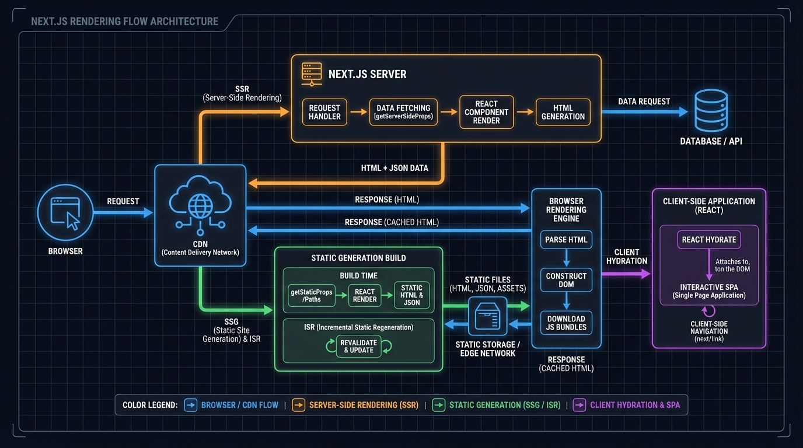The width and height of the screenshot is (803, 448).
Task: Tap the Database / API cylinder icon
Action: pos(711,111)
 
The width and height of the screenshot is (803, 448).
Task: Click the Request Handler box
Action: pos(324,112)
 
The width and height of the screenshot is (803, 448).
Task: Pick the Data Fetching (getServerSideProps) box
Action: pos(403,112)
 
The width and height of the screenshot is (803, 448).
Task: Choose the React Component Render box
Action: pos(486,112)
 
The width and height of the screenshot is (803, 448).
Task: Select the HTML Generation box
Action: pos(563,112)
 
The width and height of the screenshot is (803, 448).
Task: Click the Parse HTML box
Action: pos(566,240)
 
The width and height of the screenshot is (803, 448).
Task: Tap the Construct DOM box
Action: pos(566,280)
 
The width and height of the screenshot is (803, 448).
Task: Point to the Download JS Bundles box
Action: pos(566,323)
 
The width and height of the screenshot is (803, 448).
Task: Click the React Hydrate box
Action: pos(709,239)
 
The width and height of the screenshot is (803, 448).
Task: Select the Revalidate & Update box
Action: pos(359,346)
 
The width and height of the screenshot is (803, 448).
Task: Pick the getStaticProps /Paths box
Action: pos(312,295)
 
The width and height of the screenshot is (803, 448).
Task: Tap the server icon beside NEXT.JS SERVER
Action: pos(311,74)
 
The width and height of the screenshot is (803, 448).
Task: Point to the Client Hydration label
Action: pos(627,257)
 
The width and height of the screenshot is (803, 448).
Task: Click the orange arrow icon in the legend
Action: pos(298,405)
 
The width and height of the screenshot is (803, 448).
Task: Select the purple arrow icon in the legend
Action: pos(579,405)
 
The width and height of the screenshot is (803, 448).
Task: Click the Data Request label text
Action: pos(644,101)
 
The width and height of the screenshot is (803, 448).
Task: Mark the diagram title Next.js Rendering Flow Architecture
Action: pos(124,22)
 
